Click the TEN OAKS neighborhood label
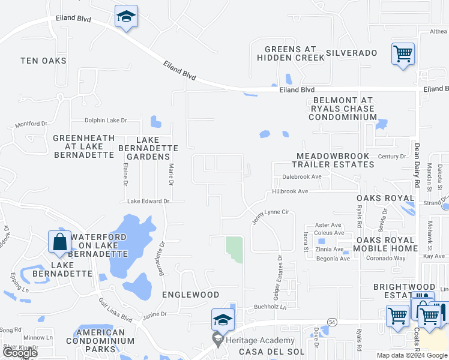coord(43,61)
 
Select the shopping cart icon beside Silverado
coord(403,54)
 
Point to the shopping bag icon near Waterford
coord(60,242)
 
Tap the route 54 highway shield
coord(332,322)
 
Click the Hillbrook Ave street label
coord(290,191)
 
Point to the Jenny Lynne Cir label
coord(271,216)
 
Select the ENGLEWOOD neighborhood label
coord(190,295)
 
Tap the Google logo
coord(20,353)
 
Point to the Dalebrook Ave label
coord(302,177)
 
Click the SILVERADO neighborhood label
coord(352,53)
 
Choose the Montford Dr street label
coord(31,124)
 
